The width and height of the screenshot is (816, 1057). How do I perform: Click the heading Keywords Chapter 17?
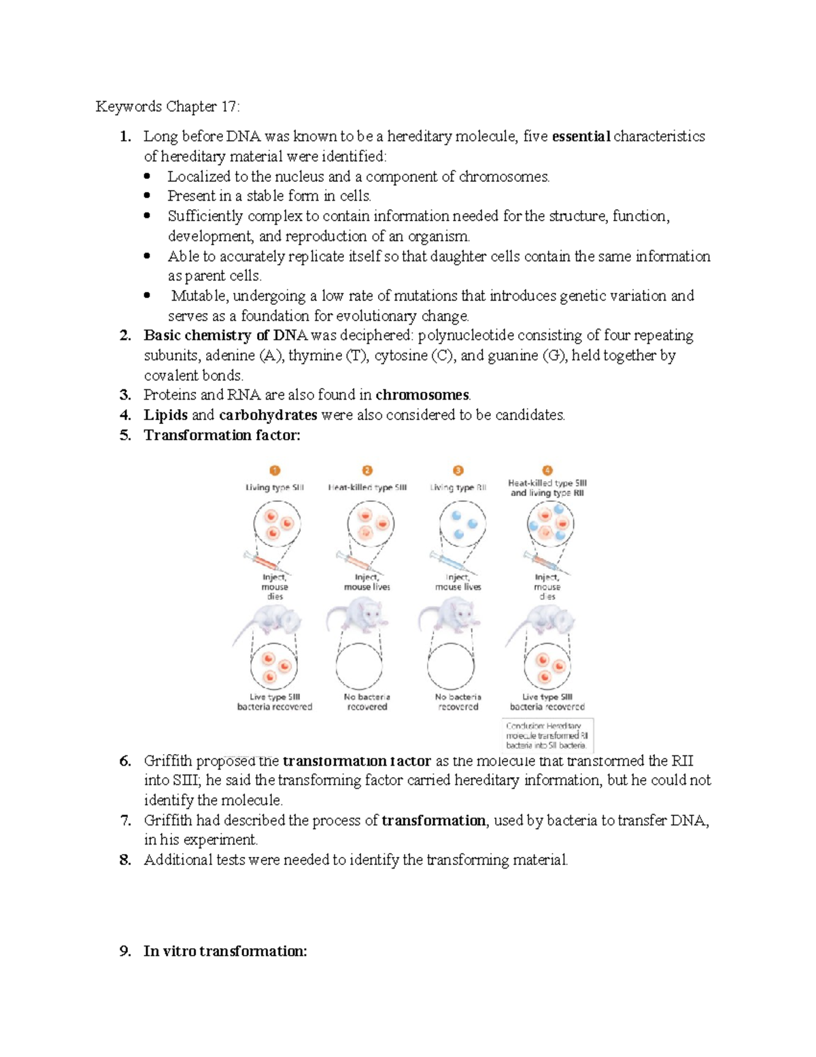click(167, 107)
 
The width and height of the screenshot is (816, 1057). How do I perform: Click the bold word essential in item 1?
click(581, 137)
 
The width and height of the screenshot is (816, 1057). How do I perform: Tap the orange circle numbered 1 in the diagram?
click(275, 470)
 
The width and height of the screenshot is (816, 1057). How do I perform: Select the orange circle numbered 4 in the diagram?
click(547, 470)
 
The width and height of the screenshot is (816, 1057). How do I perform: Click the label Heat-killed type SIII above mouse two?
click(367, 487)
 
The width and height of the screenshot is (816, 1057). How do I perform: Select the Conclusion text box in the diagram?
click(547, 735)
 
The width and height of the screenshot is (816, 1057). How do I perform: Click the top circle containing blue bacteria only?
click(462, 523)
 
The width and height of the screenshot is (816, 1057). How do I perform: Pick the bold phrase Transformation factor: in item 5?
click(222, 436)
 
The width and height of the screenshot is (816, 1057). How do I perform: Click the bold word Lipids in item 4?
click(165, 415)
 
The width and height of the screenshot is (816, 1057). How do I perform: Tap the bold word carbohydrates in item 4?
click(268, 415)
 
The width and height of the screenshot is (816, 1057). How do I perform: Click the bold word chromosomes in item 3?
click(422, 395)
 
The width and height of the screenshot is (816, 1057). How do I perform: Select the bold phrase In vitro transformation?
click(225, 952)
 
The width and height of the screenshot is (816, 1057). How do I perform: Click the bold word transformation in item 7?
click(434, 821)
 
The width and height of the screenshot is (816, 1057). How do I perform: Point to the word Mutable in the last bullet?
click(199, 296)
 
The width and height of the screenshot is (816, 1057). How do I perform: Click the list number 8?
click(124, 860)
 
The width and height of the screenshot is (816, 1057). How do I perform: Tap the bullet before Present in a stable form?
click(148, 196)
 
